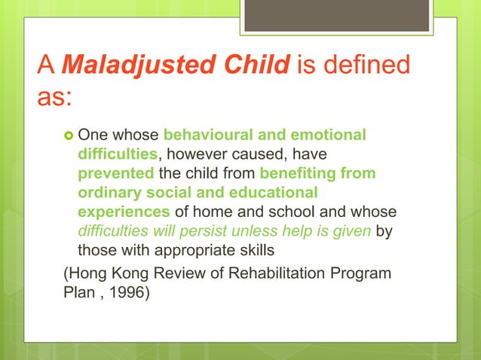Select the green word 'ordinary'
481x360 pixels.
pos(109,193)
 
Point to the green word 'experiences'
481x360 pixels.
pos(124,212)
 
